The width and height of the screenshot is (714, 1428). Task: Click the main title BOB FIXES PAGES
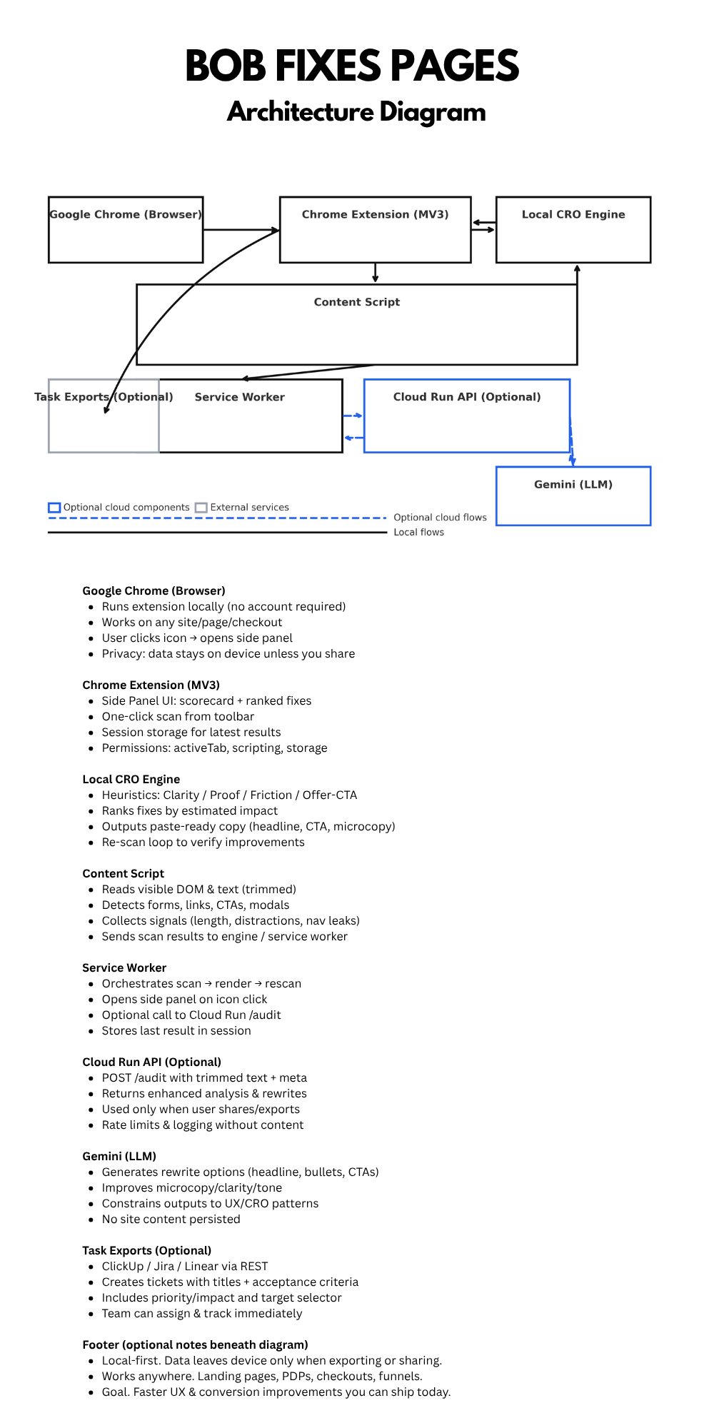(352, 66)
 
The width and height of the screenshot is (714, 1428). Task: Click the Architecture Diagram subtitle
(356, 112)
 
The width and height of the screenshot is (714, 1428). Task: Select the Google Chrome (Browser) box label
(126, 214)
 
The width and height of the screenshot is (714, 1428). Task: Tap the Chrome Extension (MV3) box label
(375, 214)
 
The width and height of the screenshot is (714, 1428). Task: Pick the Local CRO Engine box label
(573, 214)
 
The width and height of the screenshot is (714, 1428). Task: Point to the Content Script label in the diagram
(357, 302)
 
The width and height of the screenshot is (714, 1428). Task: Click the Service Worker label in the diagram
(240, 397)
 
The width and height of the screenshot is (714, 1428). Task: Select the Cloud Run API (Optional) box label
(467, 397)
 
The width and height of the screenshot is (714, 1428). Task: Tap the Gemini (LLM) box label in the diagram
(573, 484)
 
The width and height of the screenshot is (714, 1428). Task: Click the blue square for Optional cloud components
(54, 508)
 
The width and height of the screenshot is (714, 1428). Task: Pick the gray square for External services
(201, 508)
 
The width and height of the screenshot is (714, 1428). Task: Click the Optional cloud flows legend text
(440, 518)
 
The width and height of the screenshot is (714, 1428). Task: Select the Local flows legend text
(418, 532)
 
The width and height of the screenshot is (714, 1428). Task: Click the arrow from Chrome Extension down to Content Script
(376, 273)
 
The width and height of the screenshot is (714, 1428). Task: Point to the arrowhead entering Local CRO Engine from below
(577, 269)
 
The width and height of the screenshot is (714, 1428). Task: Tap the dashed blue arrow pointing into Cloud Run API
(353, 416)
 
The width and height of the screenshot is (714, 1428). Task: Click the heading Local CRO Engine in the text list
(131, 779)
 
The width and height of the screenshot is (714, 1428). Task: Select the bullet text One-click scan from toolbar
(178, 716)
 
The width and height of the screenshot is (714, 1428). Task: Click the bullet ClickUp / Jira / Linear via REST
(185, 1266)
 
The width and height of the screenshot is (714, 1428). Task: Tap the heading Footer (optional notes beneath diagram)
(195, 1344)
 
